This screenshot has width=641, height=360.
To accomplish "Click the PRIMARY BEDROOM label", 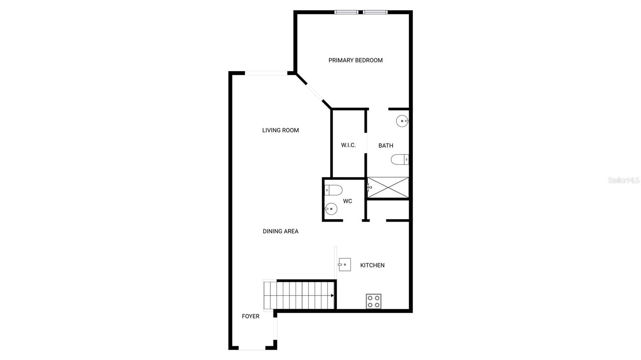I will coord(355,60).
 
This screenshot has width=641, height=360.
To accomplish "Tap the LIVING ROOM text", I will coord(280,130).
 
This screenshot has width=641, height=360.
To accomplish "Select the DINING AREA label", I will coord(280,231).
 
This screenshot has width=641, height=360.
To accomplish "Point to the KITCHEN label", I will coord(372,265).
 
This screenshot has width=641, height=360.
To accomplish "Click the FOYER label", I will coord(250,316).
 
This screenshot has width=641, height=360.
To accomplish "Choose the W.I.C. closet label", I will coord(348,145).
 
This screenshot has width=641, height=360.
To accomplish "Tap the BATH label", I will coord(386,145).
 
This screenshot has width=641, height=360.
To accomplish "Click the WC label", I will coord(347,201).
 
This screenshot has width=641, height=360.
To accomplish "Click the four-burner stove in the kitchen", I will coord(373,301).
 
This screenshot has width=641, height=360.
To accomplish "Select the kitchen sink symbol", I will coord(345,265).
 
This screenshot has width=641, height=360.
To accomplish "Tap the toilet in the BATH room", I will coord(399,160).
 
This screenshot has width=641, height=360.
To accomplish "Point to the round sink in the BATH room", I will coord(402,121).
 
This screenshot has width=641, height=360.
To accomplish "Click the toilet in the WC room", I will coord(333,190).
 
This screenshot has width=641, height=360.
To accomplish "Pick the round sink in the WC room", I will coord(331,209).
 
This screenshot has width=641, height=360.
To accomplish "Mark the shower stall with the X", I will coord(388,187).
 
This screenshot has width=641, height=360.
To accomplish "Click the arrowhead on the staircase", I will coord(332,296).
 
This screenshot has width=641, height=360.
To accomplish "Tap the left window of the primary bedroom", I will coord(347,12).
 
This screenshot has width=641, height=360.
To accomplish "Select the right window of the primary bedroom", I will coord(375,12).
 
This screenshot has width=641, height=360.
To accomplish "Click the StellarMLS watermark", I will coord(624,180).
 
